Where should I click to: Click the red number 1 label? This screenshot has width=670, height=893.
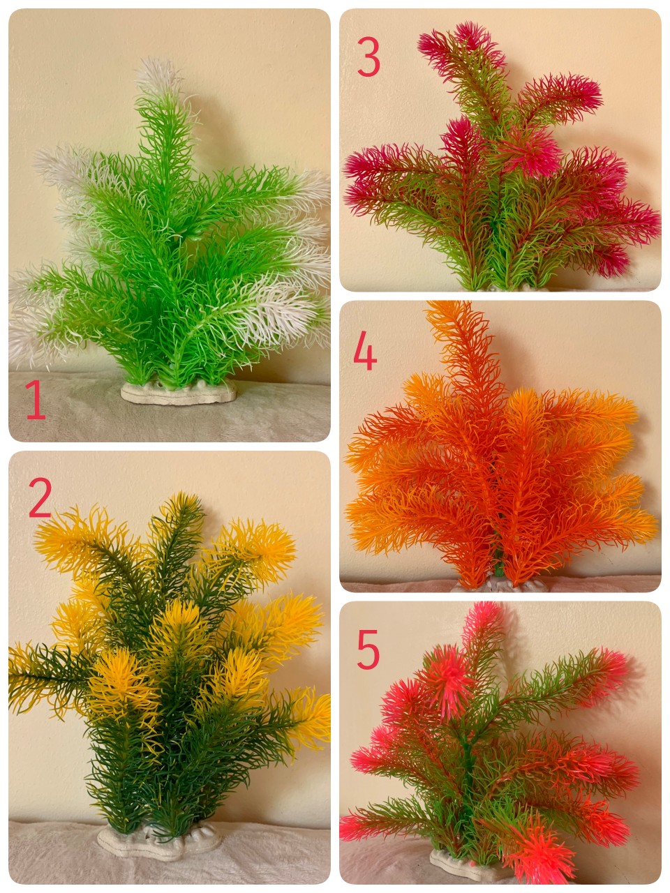[36, 399]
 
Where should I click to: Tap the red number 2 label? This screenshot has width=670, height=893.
[40, 497]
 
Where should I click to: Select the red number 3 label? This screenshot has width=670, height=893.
[368, 57]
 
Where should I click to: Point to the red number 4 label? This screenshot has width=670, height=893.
[365, 351]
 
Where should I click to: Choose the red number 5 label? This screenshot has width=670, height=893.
[368, 650]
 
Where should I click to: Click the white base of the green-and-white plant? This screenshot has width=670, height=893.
[178, 392]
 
